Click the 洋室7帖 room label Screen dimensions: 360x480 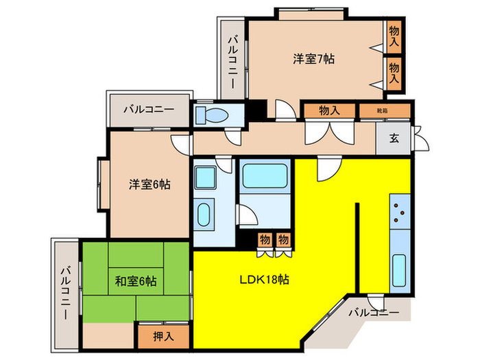(x=314, y=60)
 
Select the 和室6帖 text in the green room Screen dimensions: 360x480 (x=135, y=280)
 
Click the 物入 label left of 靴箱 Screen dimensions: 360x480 (x=329, y=110)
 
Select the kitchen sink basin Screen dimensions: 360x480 (x=400, y=270)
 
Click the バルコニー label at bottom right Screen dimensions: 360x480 (x=372, y=313)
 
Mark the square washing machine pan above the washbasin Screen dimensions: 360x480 (x=205, y=177)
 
